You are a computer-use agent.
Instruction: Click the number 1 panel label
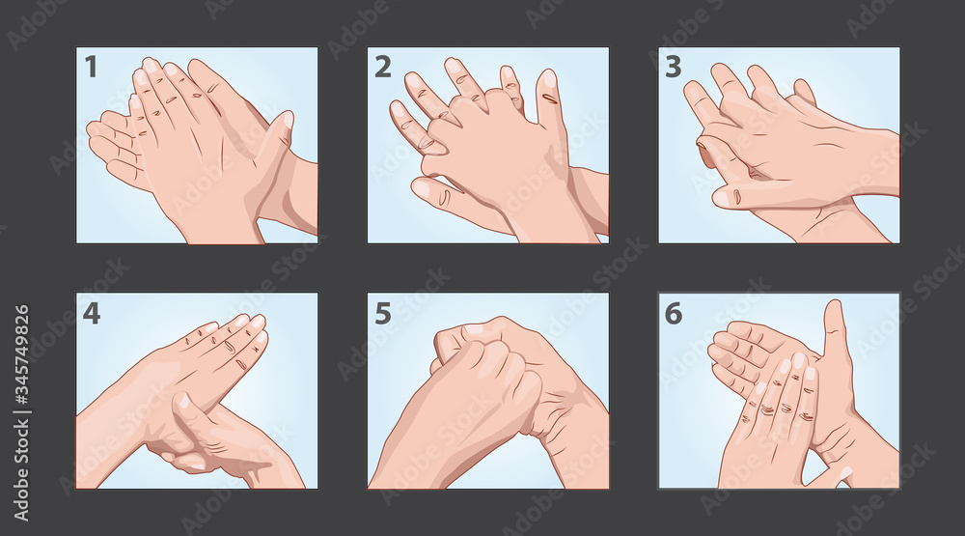91,67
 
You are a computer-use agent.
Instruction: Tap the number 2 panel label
383,67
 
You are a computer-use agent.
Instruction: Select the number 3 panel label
674,67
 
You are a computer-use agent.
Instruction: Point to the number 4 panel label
91,313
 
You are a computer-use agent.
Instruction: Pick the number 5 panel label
383,313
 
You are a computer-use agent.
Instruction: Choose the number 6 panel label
674,313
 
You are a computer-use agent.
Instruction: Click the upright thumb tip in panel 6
834,307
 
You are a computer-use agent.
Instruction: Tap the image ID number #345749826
21,358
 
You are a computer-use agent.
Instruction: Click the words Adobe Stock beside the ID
21,469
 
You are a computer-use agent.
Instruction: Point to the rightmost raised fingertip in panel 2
546,77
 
